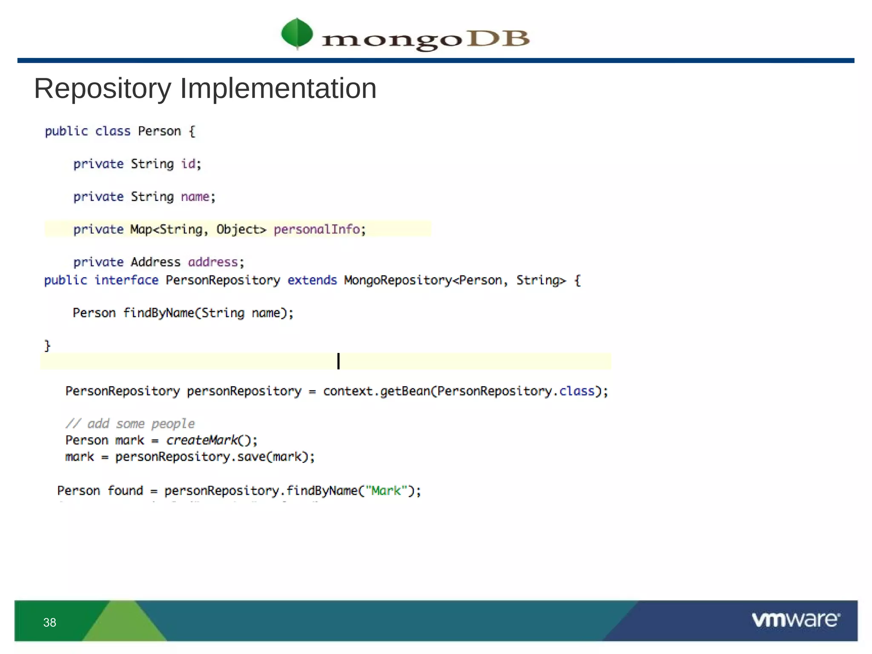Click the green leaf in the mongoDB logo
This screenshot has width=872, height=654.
click(297, 33)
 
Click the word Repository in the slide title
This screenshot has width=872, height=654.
click(102, 89)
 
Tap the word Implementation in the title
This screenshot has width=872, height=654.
click(278, 89)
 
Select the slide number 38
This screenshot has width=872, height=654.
click(50, 622)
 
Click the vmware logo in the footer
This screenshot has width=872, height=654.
click(796, 620)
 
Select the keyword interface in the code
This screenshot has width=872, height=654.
click(126, 280)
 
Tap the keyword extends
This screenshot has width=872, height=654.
click(312, 280)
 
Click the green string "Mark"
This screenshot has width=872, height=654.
click(386, 490)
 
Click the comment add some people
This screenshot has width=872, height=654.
click(130, 424)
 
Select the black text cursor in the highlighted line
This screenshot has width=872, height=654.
click(338, 361)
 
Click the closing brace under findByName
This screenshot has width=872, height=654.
click(48, 345)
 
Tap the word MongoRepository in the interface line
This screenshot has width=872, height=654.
click(398, 280)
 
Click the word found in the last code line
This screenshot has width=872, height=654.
click(125, 490)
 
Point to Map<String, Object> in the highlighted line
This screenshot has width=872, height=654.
click(198, 229)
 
